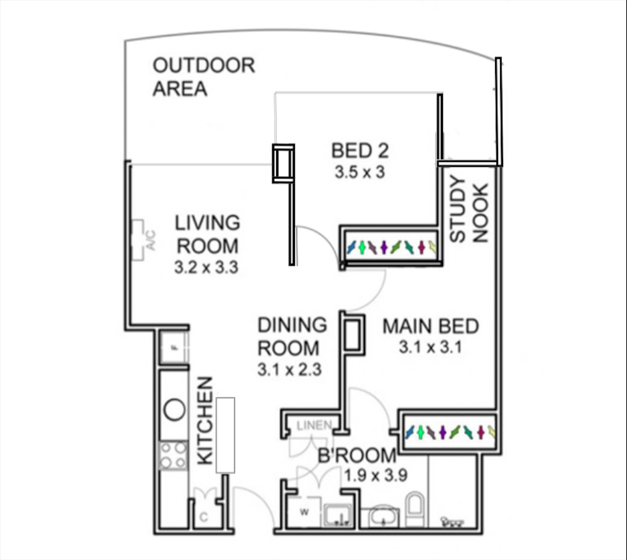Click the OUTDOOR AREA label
204,77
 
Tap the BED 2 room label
360,151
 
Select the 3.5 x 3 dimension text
360,172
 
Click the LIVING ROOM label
207,235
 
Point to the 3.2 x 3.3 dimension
207,267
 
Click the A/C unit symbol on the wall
138,240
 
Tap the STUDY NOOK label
469,209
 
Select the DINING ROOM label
292,337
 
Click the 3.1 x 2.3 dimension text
289,370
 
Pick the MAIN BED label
430,327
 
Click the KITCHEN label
205,421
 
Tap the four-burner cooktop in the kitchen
173,455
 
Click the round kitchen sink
175,409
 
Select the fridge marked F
174,347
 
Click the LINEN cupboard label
314,425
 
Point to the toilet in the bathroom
416,509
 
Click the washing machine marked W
305,511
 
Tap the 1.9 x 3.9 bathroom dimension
376,476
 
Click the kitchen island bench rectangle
225,435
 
